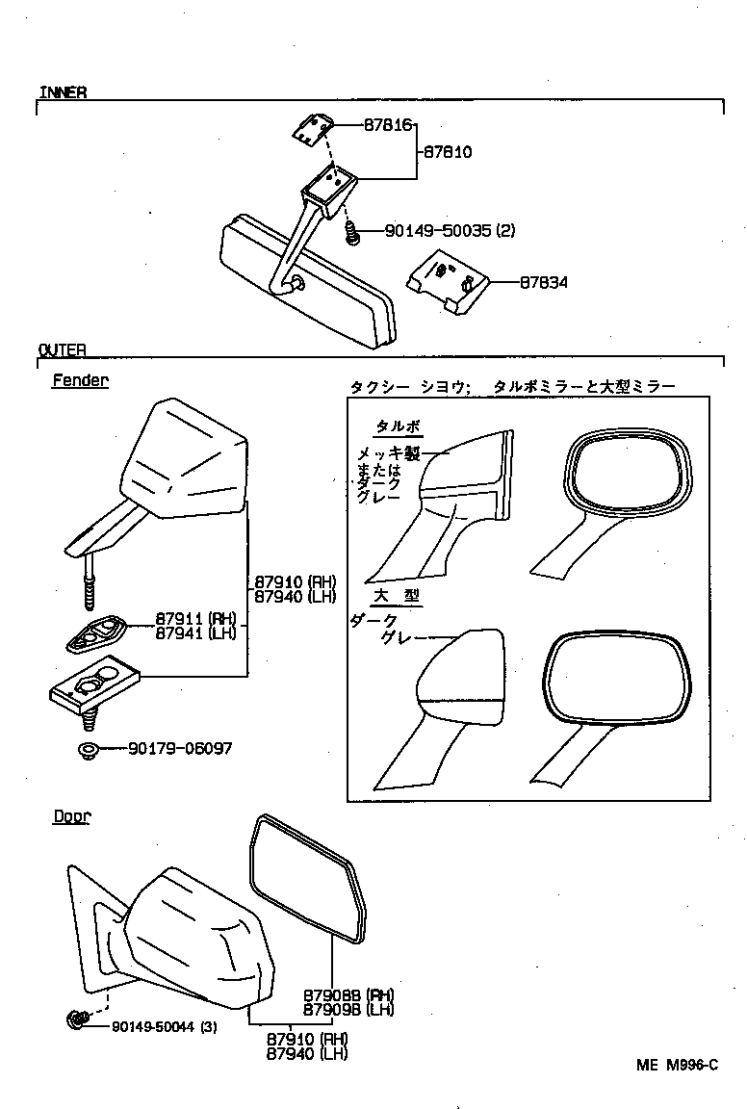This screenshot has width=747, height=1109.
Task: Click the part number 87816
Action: [388, 125]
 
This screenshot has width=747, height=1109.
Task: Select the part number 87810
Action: [446, 151]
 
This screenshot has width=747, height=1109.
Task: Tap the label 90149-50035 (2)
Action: [451, 231]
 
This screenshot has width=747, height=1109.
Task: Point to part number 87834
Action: [543, 283]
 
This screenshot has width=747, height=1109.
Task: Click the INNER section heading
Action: [63, 92]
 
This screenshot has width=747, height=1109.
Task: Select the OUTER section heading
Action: [63, 349]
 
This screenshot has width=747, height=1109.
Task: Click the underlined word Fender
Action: [80, 380]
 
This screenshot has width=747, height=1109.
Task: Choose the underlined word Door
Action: [71, 816]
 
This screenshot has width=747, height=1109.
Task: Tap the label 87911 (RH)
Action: [195, 619]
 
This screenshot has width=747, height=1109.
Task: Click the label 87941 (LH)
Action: [195, 632]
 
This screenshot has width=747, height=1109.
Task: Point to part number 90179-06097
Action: [179, 748]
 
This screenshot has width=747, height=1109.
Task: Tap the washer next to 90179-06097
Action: [85, 749]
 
